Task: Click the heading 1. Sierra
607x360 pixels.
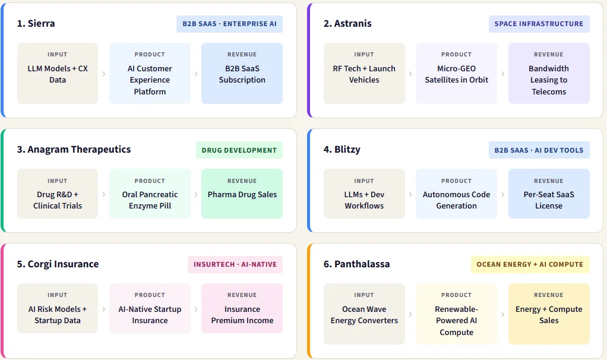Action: pos(36,24)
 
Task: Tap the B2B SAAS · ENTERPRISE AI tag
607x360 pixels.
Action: pos(230,24)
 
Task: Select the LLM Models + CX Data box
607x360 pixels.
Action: pos(58,73)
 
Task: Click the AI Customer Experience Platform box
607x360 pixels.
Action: pos(150,73)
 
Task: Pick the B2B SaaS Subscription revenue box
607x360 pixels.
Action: pos(242,73)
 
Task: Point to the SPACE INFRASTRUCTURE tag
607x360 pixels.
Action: pos(539,24)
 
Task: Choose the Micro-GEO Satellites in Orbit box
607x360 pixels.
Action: pos(456,73)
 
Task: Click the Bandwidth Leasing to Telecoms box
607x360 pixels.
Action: pos(549,73)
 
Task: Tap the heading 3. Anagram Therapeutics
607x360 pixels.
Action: pos(74,150)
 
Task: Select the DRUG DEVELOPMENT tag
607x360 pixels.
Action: pos(239,150)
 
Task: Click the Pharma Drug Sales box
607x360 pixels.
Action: pos(242,194)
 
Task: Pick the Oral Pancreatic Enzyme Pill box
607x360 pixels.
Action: pos(150,194)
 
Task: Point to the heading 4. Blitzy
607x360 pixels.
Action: pos(342,150)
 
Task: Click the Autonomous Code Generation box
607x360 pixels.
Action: pos(456,194)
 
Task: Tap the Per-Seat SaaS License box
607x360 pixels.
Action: pos(549,194)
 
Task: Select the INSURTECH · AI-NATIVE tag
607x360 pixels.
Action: pos(235,264)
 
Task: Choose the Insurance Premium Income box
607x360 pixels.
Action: pos(242,308)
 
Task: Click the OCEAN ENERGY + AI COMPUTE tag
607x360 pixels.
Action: pos(530,264)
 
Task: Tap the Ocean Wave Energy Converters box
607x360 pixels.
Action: pos(364,314)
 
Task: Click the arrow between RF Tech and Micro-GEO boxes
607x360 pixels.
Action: pos(410,74)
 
